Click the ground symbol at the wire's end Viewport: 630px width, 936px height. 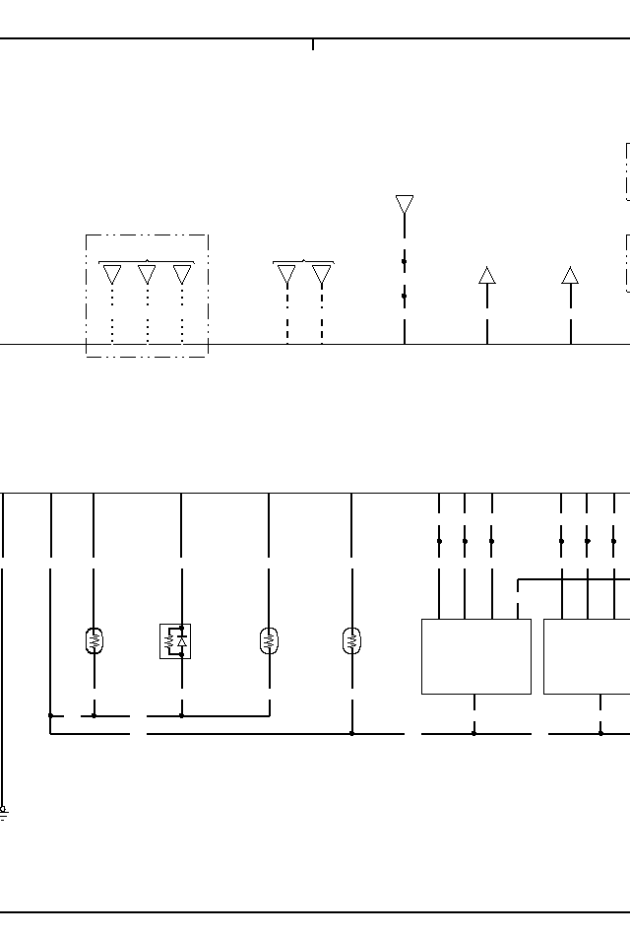pos(3,814)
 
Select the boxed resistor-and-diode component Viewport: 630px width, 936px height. pos(175,640)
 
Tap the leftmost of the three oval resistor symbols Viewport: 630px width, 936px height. pos(94,640)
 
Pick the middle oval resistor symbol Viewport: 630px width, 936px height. pos(268,640)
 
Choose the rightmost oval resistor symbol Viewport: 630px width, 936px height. pos(351,640)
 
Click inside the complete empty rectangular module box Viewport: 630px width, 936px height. pos(475,656)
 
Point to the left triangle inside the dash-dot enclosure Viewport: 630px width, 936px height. pos(112,274)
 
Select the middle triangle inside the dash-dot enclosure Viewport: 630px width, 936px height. pos(147,274)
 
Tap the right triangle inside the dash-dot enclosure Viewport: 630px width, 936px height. pos(182,274)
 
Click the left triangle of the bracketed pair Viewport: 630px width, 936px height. pos(286,275)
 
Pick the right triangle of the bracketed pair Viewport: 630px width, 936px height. pos(322,275)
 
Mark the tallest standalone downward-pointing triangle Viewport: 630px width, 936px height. pos(405,204)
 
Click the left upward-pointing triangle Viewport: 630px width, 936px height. pos(487,275)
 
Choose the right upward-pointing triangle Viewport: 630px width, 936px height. pos(570,275)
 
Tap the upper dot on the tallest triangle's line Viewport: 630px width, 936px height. pos(405,262)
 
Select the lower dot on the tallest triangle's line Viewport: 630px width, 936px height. pos(405,296)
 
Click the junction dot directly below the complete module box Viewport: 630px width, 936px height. pos(473,733)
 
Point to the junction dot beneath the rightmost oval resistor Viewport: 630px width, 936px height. pos(351,733)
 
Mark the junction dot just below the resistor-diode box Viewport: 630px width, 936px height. pos(181,715)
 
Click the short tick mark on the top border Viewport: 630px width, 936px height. pos(313,44)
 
